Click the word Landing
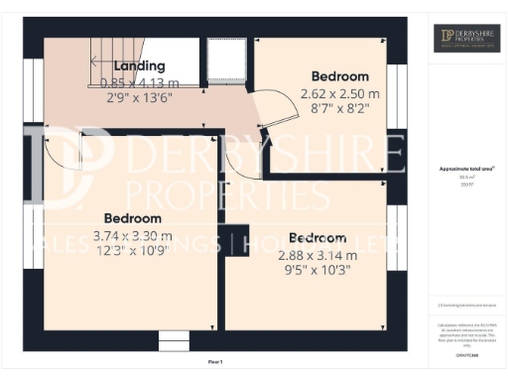119,66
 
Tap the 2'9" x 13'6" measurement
119,98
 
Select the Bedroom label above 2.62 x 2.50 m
340,76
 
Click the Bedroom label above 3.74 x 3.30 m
133,218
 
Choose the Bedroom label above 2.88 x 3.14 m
317,238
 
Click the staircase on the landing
113,50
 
